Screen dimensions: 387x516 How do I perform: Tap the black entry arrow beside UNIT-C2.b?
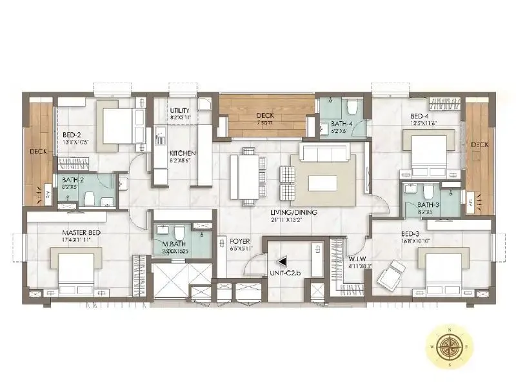tap(281, 262)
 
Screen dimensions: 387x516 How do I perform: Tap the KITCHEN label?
tap(183, 153)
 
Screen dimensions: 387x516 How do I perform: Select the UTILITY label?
tap(179, 111)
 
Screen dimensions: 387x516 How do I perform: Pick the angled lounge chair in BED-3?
tap(392, 277)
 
